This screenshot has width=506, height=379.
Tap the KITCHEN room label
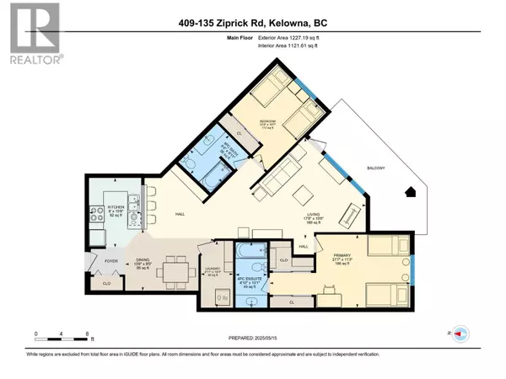[116, 206]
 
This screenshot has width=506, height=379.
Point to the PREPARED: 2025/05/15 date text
[253, 339]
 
